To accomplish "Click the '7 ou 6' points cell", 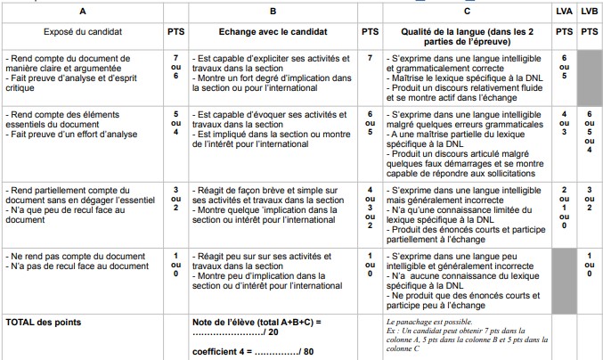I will click(175, 65).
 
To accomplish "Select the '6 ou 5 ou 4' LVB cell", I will click(589, 134).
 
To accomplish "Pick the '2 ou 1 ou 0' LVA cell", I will click(563, 208).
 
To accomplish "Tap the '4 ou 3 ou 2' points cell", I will click(370, 208).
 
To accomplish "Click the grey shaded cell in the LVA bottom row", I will click(563, 278).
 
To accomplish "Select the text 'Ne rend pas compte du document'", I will click(62, 256).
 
